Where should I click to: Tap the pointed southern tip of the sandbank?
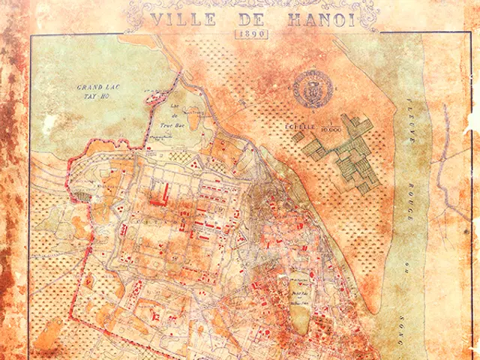(381, 308)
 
